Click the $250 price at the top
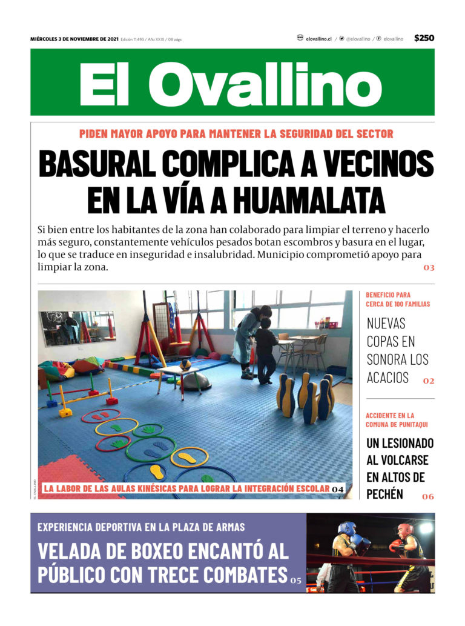click(424, 38)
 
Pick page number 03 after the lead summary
click(429, 268)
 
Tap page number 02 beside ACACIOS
click(429, 381)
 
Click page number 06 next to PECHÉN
click(428, 497)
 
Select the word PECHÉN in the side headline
click(384, 493)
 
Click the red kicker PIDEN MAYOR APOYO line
click(236, 134)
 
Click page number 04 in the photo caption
click(338, 489)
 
